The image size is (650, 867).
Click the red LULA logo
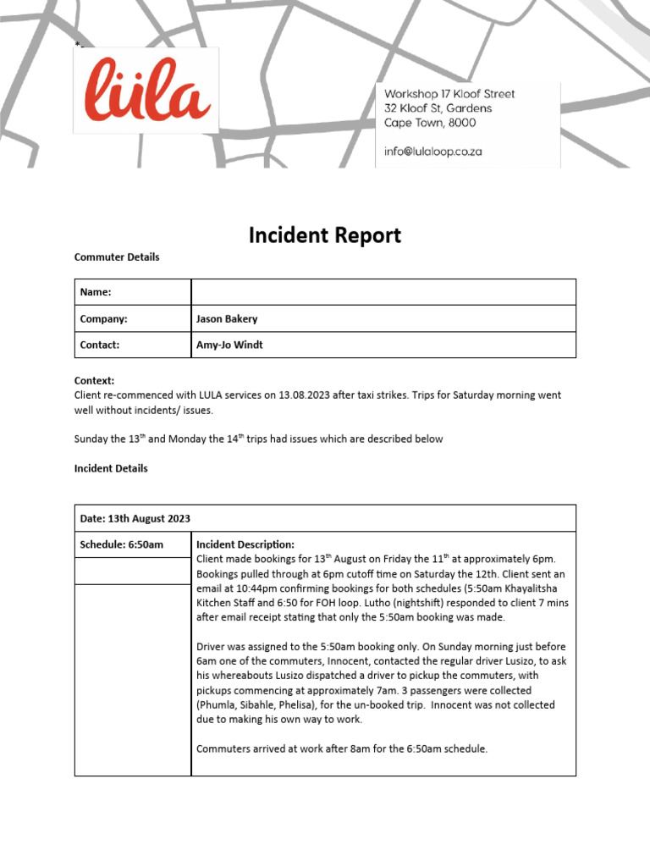tap(146, 90)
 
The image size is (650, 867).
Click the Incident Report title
tap(324, 235)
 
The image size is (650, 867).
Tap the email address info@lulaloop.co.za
tap(432, 152)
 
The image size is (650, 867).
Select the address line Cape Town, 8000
tap(430, 123)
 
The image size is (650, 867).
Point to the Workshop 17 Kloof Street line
tap(449, 94)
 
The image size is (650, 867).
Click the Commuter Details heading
tap(117, 257)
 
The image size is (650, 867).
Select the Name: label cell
tap(133, 292)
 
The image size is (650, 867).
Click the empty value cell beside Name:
tap(383, 292)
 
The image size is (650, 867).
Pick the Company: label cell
tap(133, 319)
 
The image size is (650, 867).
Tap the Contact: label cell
tap(133, 345)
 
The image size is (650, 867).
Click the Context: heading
tap(94, 381)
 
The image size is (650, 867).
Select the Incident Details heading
tap(111, 468)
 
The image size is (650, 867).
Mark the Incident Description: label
tap(245, 544)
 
